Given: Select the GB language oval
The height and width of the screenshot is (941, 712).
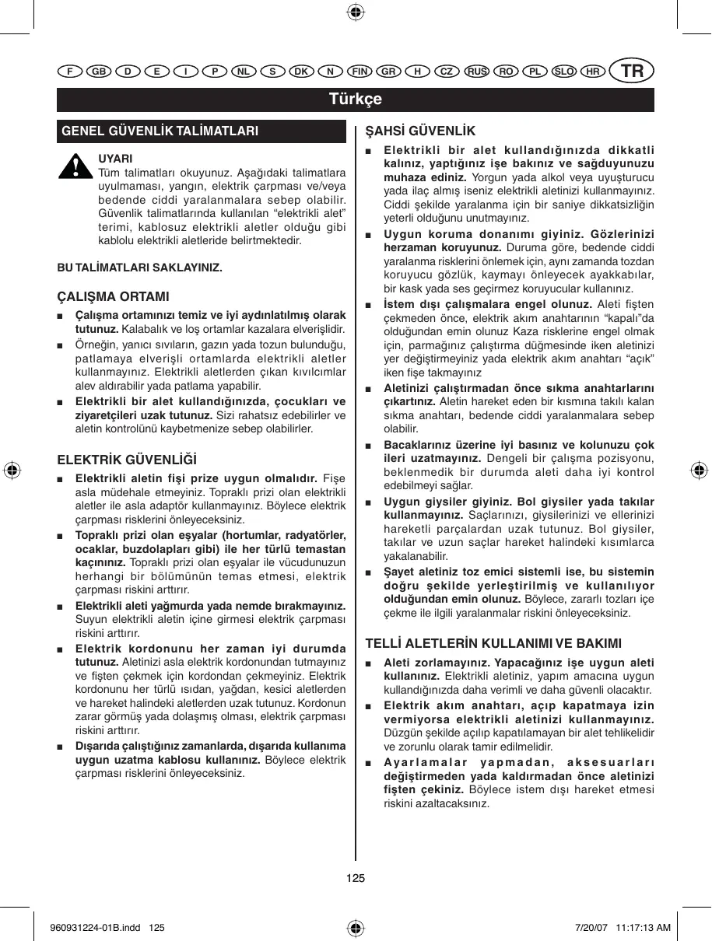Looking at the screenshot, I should pos(98,72).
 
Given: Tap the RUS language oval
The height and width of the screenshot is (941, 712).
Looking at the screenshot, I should pos(476,72).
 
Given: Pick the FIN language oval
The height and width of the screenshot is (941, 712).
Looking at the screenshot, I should pos(360,72).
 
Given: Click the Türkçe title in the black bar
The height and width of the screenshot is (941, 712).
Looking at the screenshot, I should pos(356,100).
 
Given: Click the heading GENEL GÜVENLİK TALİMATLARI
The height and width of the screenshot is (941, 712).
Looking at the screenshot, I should pos(160,131).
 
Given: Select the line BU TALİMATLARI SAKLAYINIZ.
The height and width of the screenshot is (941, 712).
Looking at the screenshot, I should pos(140,268).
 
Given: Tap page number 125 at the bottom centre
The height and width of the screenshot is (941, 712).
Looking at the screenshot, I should pos(356,878).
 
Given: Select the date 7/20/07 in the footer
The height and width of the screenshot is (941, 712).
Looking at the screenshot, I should pos(589,928).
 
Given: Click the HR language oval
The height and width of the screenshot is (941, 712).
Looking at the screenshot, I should pos(592,72).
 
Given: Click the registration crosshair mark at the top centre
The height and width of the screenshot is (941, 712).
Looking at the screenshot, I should pos(356,12).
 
